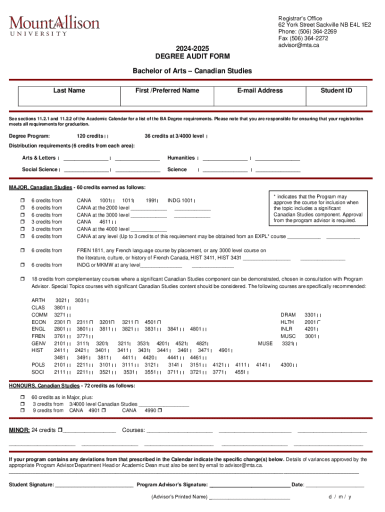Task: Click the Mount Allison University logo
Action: point(54,25)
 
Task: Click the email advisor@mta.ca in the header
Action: point(298,45)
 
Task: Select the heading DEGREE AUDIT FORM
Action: point(191,56)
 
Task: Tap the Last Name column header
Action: point(69,90)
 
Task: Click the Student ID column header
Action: point(336,90)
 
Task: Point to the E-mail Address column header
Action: point(260,90)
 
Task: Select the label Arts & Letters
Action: point(38,158)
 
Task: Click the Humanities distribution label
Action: point(180,158)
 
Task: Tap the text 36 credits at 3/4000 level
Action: point(174,136)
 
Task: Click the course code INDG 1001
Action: point(180,200)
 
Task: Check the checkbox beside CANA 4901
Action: point(103,410)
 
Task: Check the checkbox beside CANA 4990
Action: point(159,410)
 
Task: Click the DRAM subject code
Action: point(288,315)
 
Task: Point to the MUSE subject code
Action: point(265,343)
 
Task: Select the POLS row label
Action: point(38,365)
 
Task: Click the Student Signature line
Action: point(94,484)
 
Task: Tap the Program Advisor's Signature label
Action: point(172,484)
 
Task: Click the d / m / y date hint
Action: point(340,497)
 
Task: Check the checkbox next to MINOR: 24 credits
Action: point(60,430)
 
